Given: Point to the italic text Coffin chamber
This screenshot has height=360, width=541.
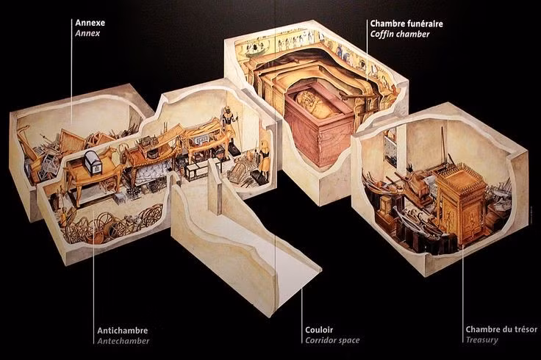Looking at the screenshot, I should click(401, 34).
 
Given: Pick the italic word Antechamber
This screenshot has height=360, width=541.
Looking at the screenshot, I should click(123, 341).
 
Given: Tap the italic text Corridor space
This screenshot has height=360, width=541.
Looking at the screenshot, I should click(332, 341).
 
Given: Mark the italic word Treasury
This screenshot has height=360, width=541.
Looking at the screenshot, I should click(481, 341).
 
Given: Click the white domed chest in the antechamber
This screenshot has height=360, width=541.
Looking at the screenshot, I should click(94, 158).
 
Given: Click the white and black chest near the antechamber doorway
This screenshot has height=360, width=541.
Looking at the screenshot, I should click(196, 170).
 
